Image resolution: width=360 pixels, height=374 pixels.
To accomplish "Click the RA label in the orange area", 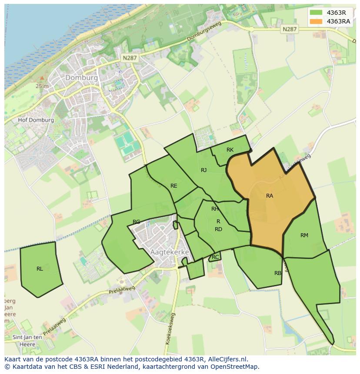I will [270, 196].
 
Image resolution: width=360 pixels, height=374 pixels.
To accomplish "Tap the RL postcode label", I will [40, 269].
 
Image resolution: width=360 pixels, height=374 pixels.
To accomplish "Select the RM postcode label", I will [304, 235].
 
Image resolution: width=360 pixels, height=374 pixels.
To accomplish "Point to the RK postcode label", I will [230, 150].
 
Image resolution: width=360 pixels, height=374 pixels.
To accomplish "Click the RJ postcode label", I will [203, 170].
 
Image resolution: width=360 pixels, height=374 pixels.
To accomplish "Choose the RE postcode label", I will [174, 186].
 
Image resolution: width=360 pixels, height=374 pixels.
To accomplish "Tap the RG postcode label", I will [137, 222].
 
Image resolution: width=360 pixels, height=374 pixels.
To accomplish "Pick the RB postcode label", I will [278, 273].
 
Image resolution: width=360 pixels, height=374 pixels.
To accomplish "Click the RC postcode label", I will [215, 257].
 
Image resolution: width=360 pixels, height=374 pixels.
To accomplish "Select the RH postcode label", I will [215, 209].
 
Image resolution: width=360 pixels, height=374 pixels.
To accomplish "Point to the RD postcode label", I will [218, 229].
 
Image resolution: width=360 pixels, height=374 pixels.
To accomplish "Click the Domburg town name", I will [81, 78].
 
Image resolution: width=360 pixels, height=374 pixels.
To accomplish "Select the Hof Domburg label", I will [36, 120].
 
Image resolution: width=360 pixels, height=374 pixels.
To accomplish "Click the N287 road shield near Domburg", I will [129, 57].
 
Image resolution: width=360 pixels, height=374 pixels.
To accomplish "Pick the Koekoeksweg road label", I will [170, 329].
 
